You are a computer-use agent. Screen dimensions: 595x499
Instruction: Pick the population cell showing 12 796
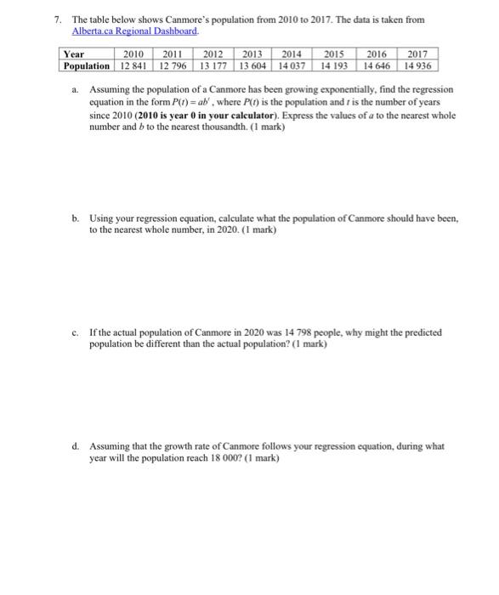click(174, 65)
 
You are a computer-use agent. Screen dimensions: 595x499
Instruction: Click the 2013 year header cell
click(252, 53)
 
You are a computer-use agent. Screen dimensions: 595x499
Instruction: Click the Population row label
click(86, 65)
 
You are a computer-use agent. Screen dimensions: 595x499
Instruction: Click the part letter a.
click(76, 89)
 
